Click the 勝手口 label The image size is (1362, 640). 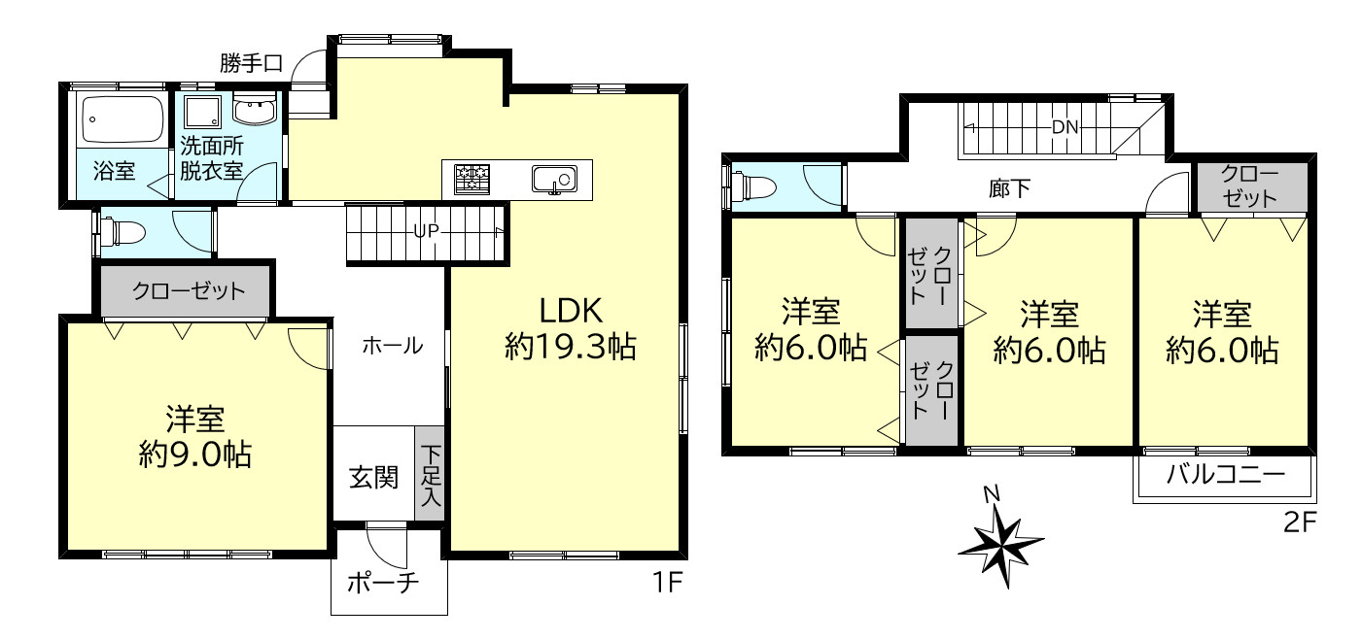tap(251, 65)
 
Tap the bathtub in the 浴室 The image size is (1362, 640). tap(122, 118)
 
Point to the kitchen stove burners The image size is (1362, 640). tap(473, 179)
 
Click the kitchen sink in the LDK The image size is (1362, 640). tap(553, 180)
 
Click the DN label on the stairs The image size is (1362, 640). tap(1065, 127)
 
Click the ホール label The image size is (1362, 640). tap(392, 345)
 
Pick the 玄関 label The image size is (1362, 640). tap(373, 477)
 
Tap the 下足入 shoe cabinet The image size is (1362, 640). tap(430, 477)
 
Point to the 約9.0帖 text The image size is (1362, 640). tap(195, 454)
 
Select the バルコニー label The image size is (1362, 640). tap(1225, 477)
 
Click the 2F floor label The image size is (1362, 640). tap(1299, 523)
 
